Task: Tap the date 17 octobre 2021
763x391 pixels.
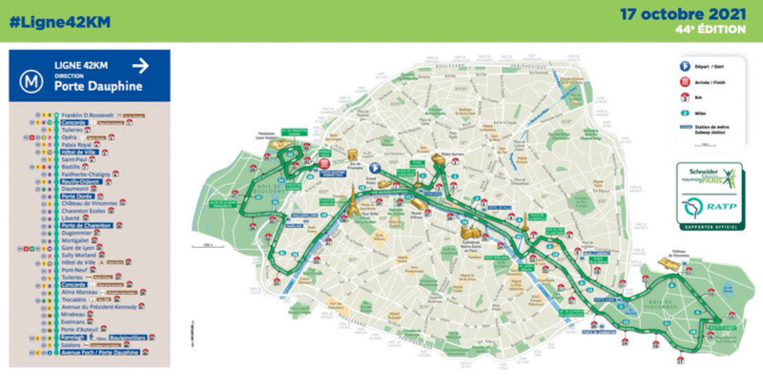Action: coord(683,15)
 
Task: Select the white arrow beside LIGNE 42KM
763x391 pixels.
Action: coord(140,65)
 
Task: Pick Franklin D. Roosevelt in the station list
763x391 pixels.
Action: coord(92,115)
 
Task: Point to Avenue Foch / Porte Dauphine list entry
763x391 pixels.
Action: coord(100,352)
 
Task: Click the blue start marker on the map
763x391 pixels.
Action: coord(375,167)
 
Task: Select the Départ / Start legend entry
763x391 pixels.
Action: coord(708,65)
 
